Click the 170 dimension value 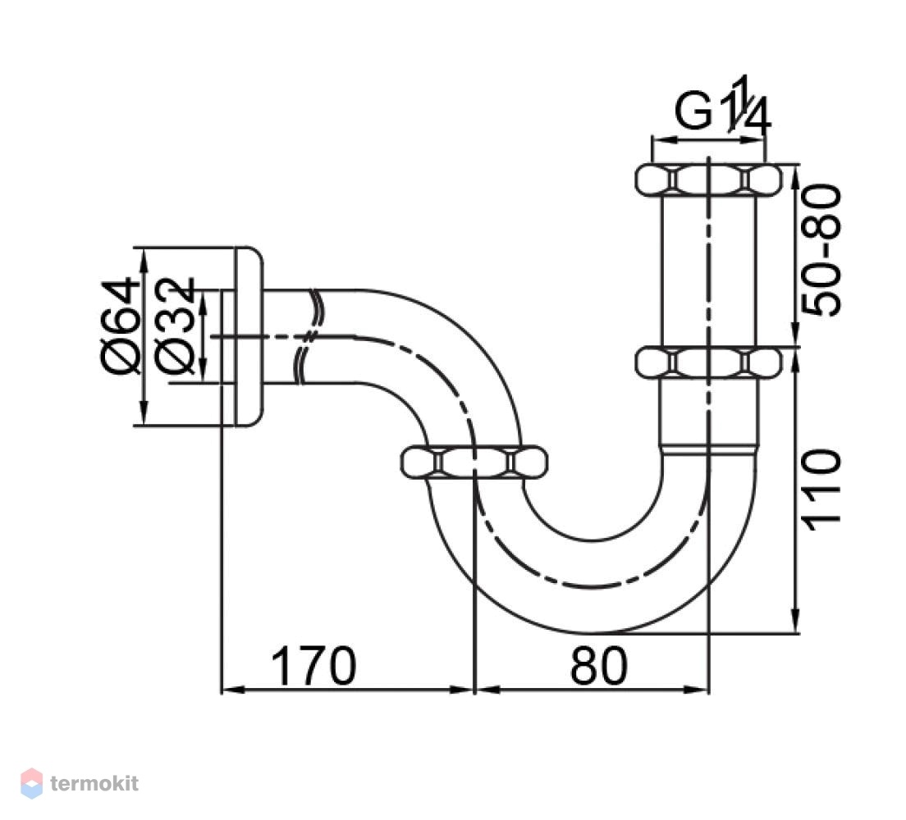(x=313, y=666)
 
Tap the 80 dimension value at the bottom (x=598, y=666)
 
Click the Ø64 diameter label (x=120, y=326)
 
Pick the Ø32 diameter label (x=175, y=326)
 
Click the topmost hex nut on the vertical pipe (x=708, y=180)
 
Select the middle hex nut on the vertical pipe (x=708, y=363)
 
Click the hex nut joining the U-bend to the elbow (x=474, y=462)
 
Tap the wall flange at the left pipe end (x=249, y=337)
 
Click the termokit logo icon (x=31, y=783)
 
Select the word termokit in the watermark (x=94, y=784)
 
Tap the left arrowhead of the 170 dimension (x=230, y=689)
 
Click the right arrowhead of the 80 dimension (x=700, y=689)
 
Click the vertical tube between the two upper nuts (x=708, y=271)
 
